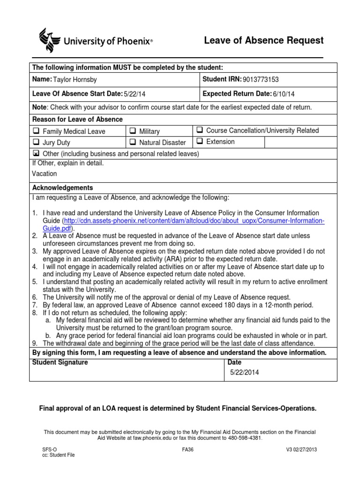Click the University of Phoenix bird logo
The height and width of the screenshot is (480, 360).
49,40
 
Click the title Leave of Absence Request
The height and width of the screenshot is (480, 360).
263,41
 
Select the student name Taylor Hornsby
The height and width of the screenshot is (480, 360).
76,80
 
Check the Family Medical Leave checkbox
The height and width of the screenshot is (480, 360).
36,131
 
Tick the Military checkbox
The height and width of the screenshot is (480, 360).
133,131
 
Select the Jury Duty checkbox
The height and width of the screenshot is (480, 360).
36,142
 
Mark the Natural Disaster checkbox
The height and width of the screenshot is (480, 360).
133,142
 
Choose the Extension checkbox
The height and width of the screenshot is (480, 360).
199,141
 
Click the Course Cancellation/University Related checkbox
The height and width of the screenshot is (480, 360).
199,130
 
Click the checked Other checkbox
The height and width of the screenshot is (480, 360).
36,154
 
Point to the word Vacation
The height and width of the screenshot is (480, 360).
45,173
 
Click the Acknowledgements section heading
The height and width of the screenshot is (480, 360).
62,187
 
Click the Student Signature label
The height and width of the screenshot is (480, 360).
60,362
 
